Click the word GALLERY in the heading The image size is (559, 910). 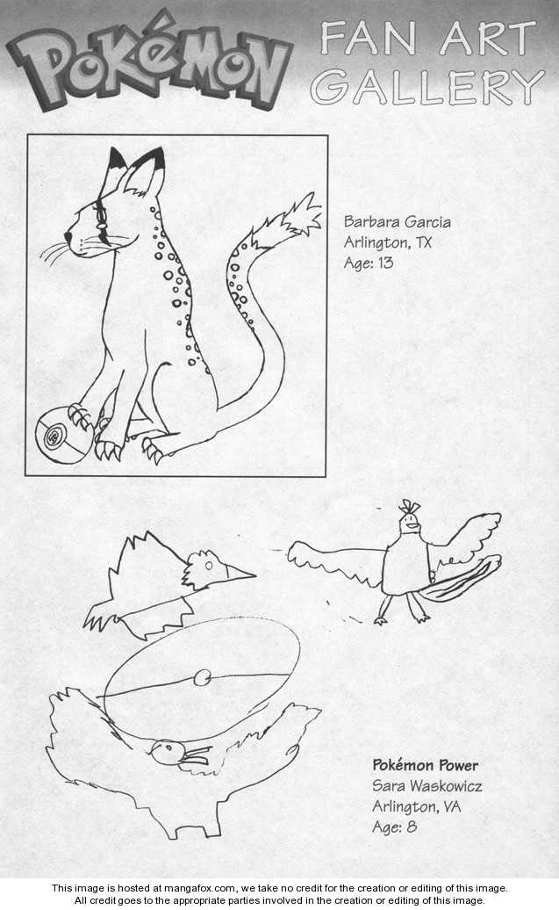point(427,87)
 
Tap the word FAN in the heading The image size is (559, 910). point(369,39)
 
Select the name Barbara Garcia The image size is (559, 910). point(398,221)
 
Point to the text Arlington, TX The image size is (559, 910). point(387,242)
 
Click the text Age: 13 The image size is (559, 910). point(369,263)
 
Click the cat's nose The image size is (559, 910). point(68,237)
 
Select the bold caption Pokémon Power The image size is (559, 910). point(425,765)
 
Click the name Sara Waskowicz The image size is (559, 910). point(426,786)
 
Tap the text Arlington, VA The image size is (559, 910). point(416,806)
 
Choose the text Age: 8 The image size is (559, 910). point(394,827)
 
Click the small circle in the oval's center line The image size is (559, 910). point(203,676)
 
